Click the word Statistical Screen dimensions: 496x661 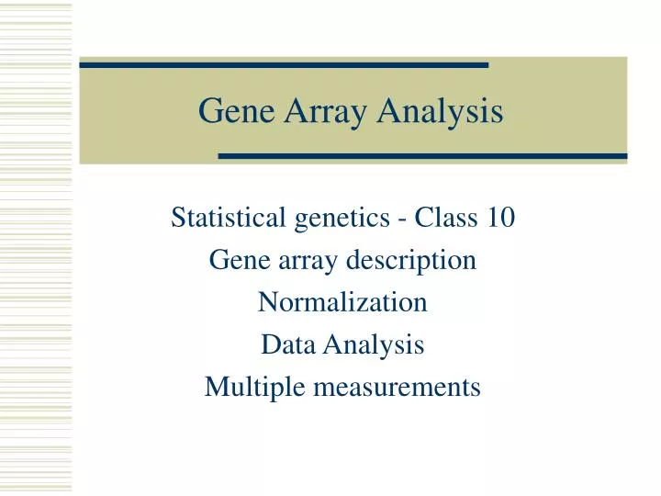[217, 218]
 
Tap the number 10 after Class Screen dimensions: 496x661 [500, 218]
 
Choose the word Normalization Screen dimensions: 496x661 [342, 302]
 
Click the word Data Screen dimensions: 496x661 [284, 344]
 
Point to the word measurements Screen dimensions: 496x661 [397, 388]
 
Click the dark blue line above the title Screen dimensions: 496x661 [284, 65]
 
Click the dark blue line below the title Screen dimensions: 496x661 [422, 156]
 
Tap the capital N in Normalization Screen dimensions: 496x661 [266, 302]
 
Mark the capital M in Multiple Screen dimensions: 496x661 [214, 387]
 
